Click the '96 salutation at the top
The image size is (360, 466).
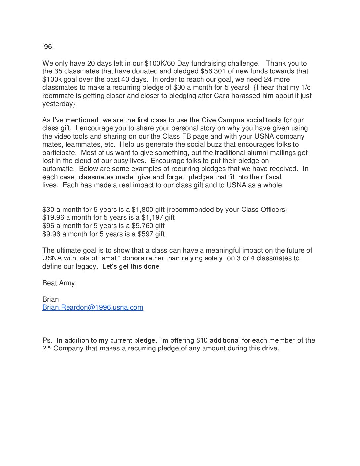click(x=48, y=47)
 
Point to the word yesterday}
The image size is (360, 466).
click(x=59, y=104)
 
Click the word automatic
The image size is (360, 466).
click(x=59, y=169)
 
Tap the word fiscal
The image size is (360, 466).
click(x=273, y=177)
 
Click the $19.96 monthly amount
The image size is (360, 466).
click(x=53, y=218)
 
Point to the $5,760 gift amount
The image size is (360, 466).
click(x=142, y=226)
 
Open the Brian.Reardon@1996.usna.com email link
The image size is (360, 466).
click(x=93, y=307)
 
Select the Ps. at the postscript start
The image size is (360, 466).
click(x=47, y=340)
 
